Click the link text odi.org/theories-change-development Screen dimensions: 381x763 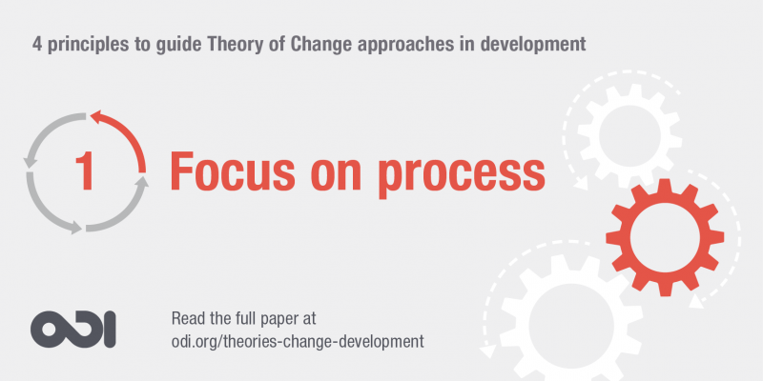tap(297, 340)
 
